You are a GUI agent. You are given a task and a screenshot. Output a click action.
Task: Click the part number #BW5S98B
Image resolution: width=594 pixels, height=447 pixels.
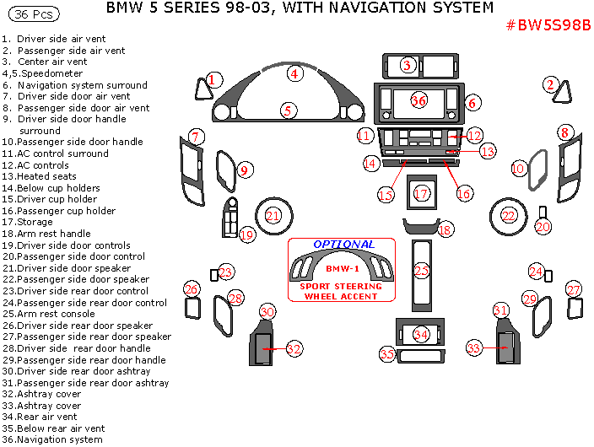(548, 25)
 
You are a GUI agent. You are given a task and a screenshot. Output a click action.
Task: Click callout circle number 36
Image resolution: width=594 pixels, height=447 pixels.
(418, 100)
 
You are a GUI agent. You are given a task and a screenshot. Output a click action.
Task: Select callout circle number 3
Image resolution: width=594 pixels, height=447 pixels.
(408, 65)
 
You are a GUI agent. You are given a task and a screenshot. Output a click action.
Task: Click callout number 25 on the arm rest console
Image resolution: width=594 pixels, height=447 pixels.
(421, 271)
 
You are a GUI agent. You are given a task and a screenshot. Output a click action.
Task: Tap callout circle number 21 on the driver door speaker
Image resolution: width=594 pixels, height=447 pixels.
(273, 216)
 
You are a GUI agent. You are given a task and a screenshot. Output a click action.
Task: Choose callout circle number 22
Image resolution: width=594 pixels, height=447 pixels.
(509, 216)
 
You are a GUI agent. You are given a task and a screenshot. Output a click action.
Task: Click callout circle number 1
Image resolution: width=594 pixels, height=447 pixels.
(213, 79)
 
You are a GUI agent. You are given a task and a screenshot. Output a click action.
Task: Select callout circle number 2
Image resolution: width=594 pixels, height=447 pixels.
(551, 84)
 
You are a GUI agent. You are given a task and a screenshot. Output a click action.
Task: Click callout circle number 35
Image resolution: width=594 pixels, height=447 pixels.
(387, 354)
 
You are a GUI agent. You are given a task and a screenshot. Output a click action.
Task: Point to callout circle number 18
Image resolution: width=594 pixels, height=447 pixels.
(445, 229)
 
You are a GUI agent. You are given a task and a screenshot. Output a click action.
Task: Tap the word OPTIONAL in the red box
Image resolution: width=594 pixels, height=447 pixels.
(343, 244)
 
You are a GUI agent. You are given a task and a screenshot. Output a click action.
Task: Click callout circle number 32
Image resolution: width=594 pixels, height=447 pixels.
(294, 348)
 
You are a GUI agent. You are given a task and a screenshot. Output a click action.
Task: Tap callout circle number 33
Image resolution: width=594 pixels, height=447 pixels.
(474, 347)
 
